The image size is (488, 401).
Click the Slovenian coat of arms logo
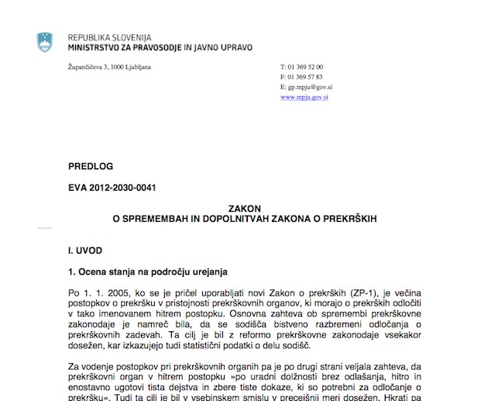46,43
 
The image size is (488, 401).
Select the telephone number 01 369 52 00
305,67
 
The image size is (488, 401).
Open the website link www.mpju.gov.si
307,98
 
